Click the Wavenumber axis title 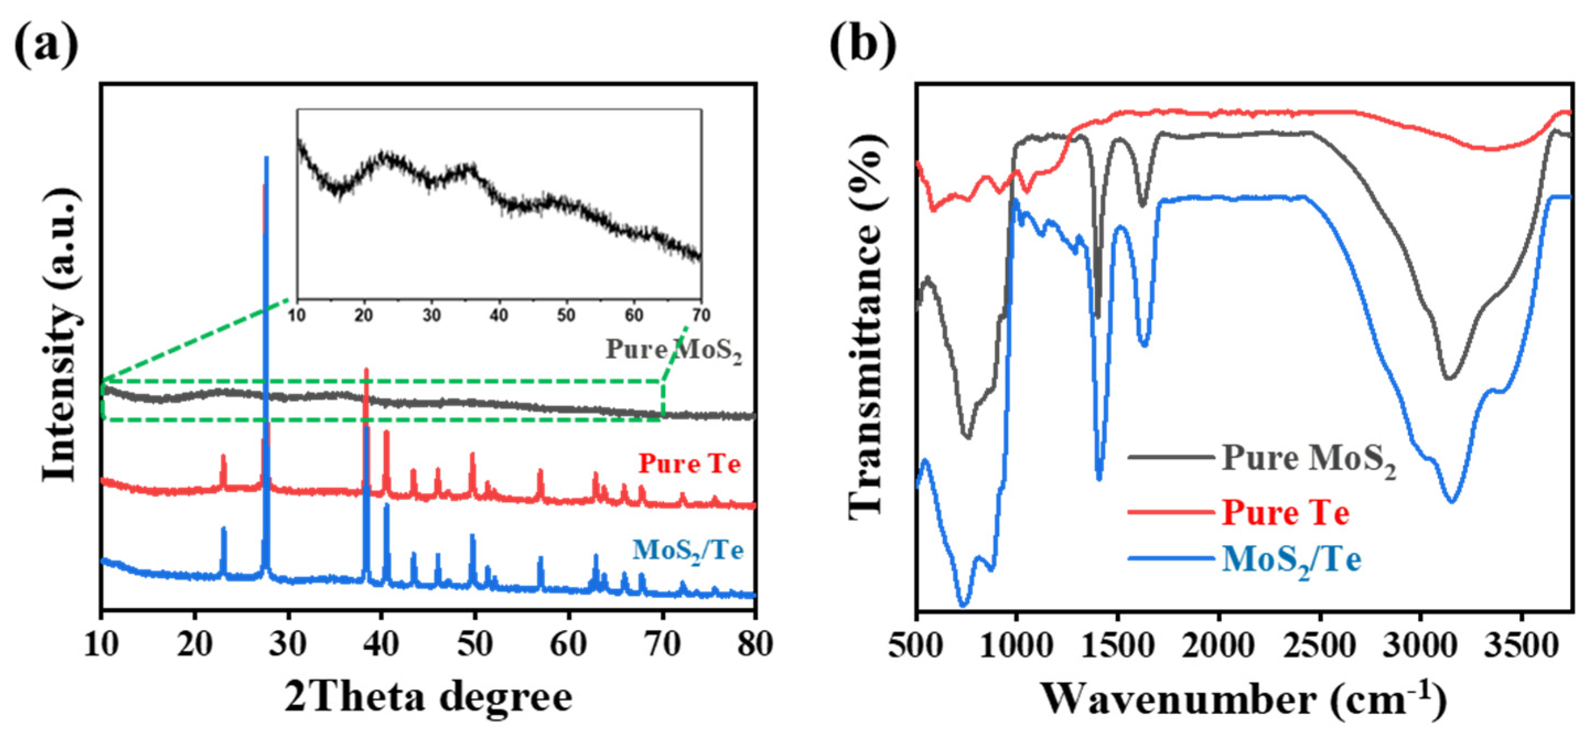pyautogui.click(x=1244, y=700)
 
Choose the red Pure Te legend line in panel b pyautogui.click(x=1170, y=512)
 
